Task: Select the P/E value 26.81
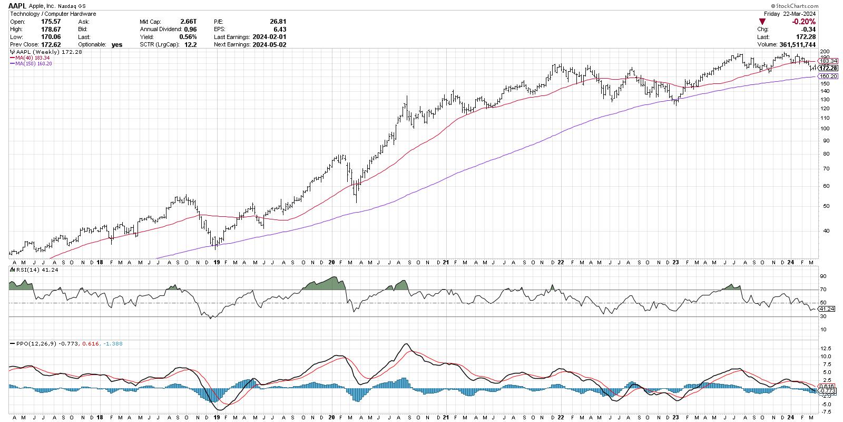[278, 22]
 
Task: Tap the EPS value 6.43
[281, 30]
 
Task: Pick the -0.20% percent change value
[804, 22]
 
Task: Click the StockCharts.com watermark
[816, 6]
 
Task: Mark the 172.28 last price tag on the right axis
[828, 68]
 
